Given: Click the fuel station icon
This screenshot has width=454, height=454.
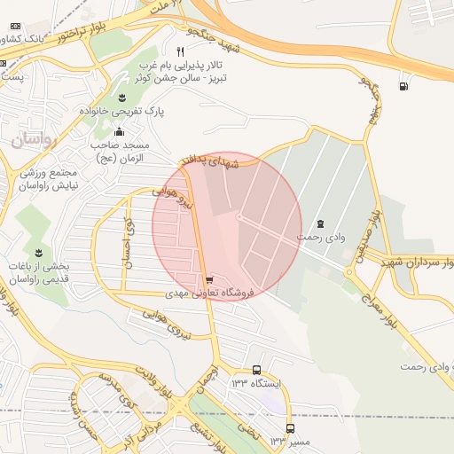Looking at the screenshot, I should click(405, 86).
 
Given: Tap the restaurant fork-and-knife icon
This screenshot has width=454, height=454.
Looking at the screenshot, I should click(180, 51).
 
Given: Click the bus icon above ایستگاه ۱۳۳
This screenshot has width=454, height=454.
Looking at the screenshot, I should click(256, 370).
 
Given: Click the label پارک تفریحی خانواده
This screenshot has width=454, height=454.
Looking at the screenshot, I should click(122, 112).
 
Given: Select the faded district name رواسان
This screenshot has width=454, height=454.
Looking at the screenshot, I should click(34, 140).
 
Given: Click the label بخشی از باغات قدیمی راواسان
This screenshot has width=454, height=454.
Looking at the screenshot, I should click(50, 271).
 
